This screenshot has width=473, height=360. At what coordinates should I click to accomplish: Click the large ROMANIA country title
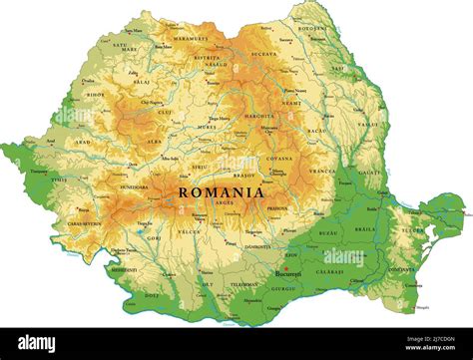point(222,191)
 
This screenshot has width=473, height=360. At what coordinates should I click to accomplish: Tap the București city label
point(289,272)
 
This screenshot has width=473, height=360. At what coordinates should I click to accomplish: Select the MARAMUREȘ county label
point(190,38)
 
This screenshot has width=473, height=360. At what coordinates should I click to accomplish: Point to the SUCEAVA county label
point(263,53)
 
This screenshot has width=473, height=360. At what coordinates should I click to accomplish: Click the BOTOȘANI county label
point(312,29)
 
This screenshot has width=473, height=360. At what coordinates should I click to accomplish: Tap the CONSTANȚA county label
point(401,269)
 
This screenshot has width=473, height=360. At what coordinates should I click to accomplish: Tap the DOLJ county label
point(151,295)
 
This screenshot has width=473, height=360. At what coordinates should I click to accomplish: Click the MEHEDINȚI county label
point(124,269)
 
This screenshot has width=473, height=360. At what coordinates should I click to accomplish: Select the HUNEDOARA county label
point(133,187)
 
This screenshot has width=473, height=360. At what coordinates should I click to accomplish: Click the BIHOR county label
point(96,96)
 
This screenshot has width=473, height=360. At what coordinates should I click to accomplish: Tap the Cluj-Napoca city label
point(152,102)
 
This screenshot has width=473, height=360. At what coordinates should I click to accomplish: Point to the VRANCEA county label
point(321,172)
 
